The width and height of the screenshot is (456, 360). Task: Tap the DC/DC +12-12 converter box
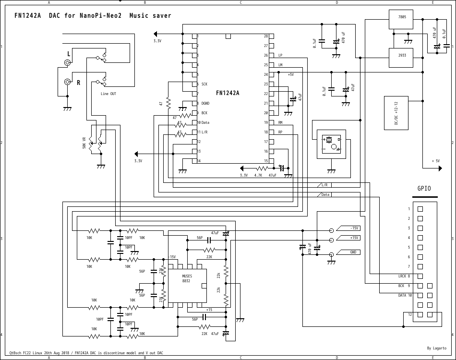point(396,113)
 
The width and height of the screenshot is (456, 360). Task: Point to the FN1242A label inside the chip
point(228,93)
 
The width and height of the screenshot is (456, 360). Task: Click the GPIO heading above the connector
point(425,189)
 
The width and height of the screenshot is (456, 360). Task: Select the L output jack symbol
point(69,63)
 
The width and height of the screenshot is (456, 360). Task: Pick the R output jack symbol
point(68,82)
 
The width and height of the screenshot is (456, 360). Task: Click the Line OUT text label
point(108,94)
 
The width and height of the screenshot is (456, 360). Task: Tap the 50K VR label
point(84,143)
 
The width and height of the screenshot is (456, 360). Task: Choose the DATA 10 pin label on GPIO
point(405,295)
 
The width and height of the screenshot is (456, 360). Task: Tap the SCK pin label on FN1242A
point(204,84)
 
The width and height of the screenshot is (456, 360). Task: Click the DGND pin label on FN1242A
point(205,103)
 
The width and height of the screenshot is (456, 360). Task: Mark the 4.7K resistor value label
point(258,175)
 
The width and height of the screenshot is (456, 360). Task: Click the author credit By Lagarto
point(436,348)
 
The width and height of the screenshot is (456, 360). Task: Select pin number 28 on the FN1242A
point(265,36)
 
